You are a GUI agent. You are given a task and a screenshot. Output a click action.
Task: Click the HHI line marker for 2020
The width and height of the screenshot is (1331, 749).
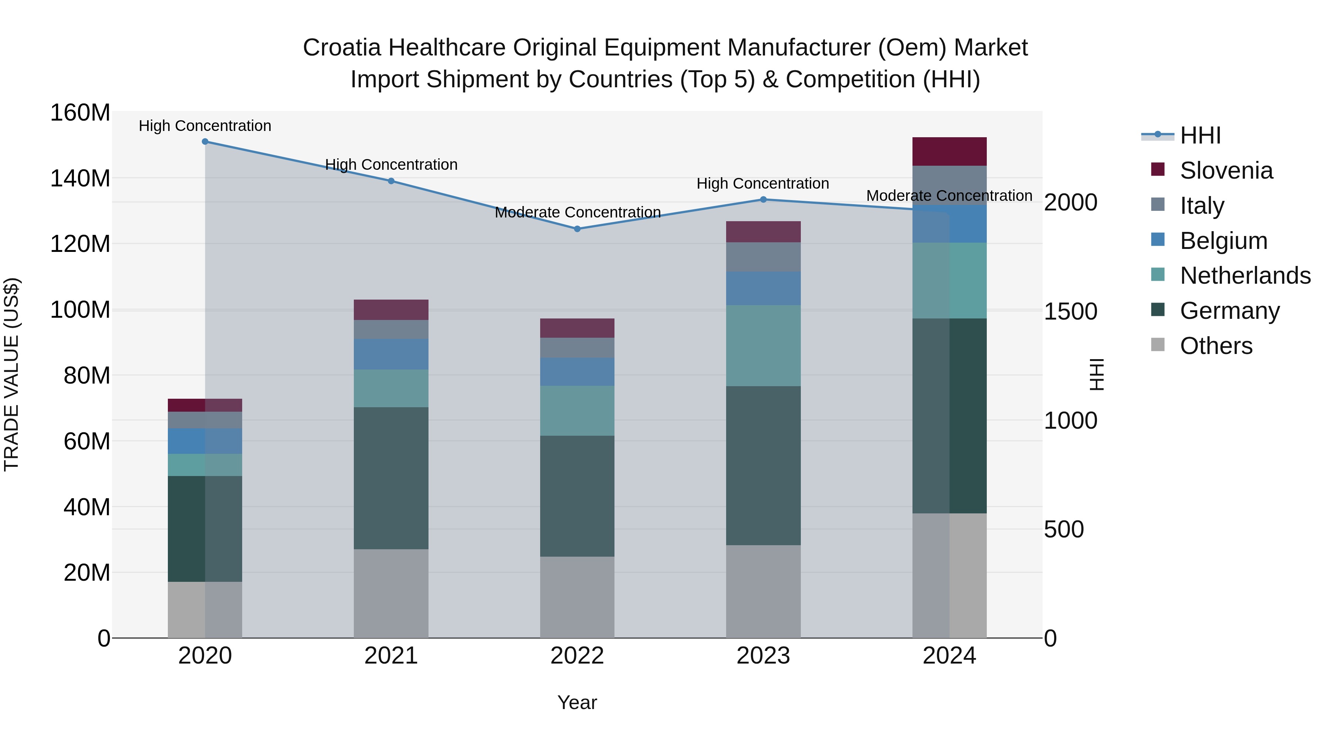click(x=205, y=142)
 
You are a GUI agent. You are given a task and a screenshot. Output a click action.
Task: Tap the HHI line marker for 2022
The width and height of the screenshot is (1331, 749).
click(x=577, y=229)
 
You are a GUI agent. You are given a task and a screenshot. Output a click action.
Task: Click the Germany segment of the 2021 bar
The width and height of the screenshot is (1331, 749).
click(x=391, y=478)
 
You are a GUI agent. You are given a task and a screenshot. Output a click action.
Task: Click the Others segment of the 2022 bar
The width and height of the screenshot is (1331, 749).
click(x=577, y=597)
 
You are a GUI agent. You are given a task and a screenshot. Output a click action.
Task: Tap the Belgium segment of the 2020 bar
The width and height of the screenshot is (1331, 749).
click(x=205, y=441)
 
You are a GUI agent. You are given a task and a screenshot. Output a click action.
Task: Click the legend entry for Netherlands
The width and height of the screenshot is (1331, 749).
click(x=1245, y=276)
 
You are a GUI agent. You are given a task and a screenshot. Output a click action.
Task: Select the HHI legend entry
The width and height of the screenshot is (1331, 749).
click(x=1200, y=135)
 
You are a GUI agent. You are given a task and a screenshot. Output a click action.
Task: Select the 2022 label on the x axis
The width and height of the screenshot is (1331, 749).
click(x=577, y=656)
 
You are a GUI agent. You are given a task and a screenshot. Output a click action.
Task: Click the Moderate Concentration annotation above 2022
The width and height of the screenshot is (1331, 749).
click(x=577, y=212)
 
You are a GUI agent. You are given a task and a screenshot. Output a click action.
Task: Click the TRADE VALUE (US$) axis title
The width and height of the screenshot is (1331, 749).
click(x=11, y=374)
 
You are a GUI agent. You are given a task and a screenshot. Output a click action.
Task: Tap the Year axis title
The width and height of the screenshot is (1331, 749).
click(x=577, y=702)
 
